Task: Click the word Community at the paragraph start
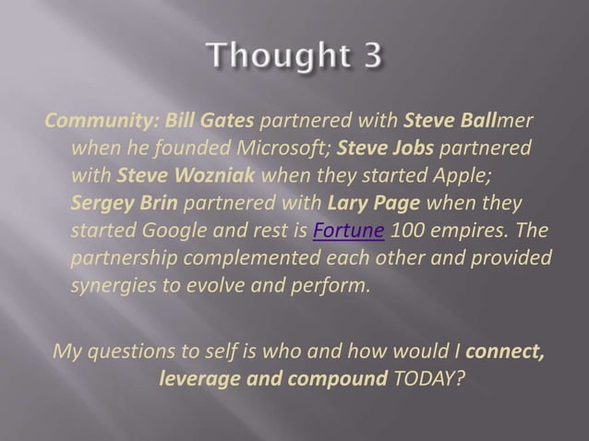tap(85, 123)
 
